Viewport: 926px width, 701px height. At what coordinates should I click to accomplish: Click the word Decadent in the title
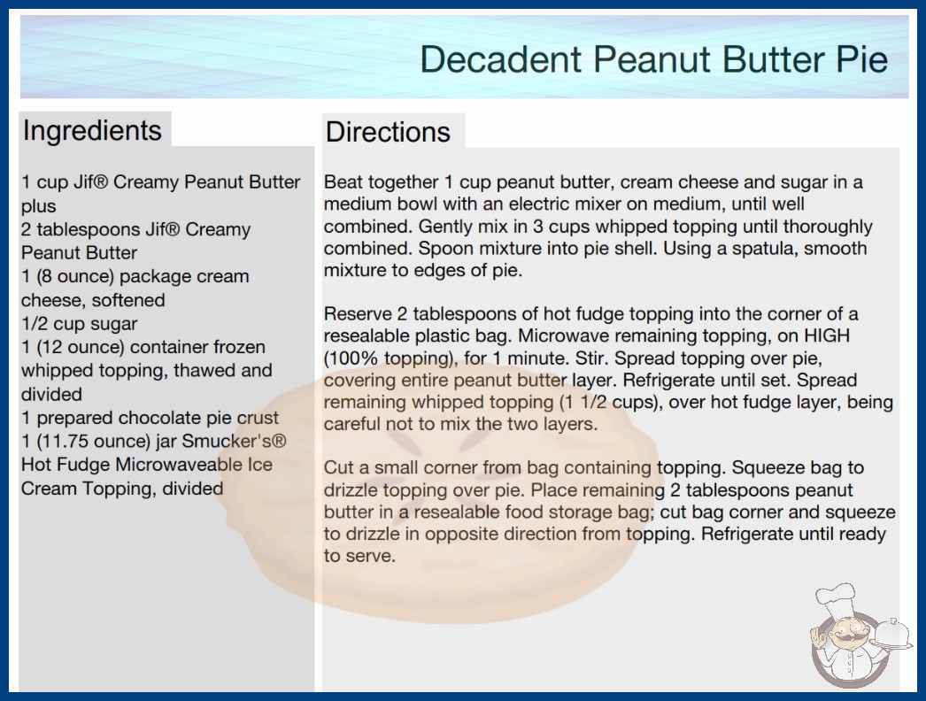[x=501, y=59]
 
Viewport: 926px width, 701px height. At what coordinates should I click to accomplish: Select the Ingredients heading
[x=92, y=131]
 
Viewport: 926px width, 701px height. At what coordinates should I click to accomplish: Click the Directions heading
[x=388, y=132]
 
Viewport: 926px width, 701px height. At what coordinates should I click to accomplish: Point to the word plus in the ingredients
[x=39, y=206]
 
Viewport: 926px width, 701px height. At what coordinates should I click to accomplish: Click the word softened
[x=128, y=300]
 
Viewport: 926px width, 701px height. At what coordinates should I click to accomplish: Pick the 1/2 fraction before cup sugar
[x=35, y=324]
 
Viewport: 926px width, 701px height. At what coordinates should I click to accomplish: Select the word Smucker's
[x=234, y=441]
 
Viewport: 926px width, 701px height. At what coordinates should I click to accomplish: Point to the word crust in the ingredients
[x=258, y=418]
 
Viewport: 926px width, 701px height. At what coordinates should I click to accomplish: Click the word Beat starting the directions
[x=342, y=182]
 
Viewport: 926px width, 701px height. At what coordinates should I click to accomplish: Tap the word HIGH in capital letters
[x=827, y=335]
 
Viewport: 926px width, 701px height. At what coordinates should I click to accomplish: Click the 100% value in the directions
[x=351, y=358]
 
